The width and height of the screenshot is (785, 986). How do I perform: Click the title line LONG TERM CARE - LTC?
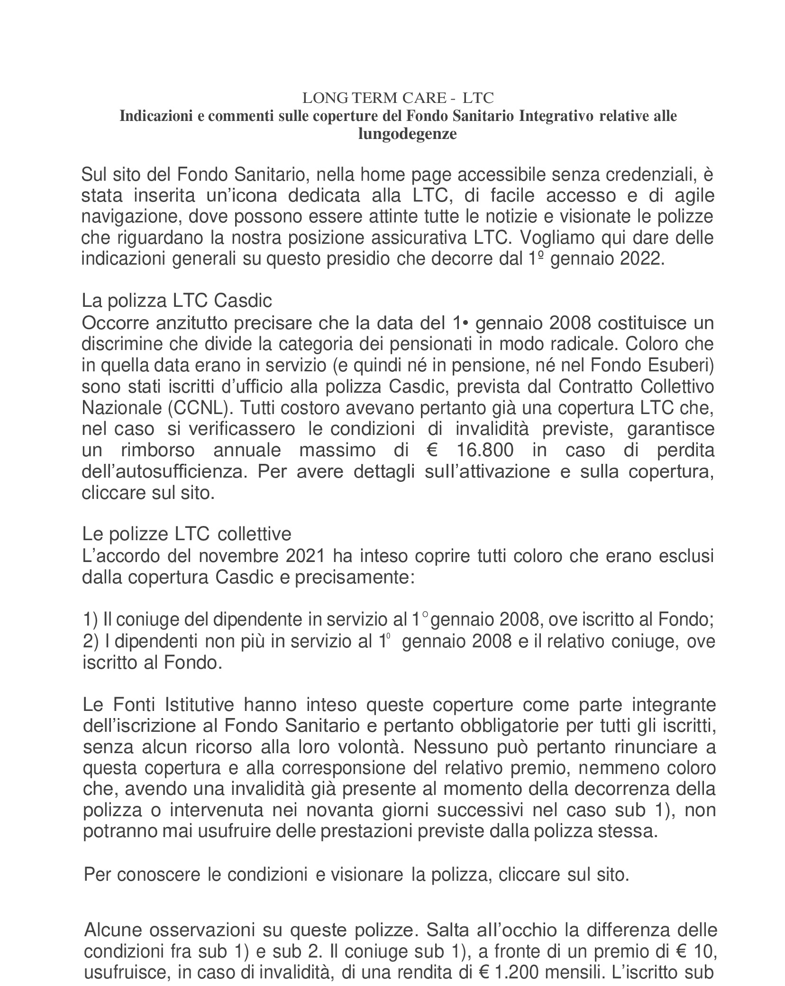coord(398,98)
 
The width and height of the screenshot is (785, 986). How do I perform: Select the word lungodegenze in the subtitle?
coord(407,134)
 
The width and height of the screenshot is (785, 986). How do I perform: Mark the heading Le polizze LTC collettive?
coord(187,534)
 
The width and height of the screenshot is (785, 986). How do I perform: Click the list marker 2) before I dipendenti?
coord(91,642)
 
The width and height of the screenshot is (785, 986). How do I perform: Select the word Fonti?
coord(134,705)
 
